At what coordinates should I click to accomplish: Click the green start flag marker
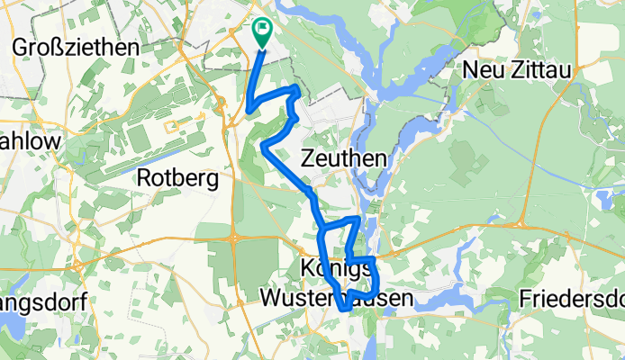pyautogui.click(x=262, y=31)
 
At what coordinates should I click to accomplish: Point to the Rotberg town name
pyautogui.click(x=177, y=179)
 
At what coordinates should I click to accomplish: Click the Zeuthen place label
pyautogui.click(x=347, y=159)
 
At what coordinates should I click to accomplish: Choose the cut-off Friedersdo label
pyautogui.click(x=573, y=297)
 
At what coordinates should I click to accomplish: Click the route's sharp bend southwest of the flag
pyautogui.click(x=247, y=112)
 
